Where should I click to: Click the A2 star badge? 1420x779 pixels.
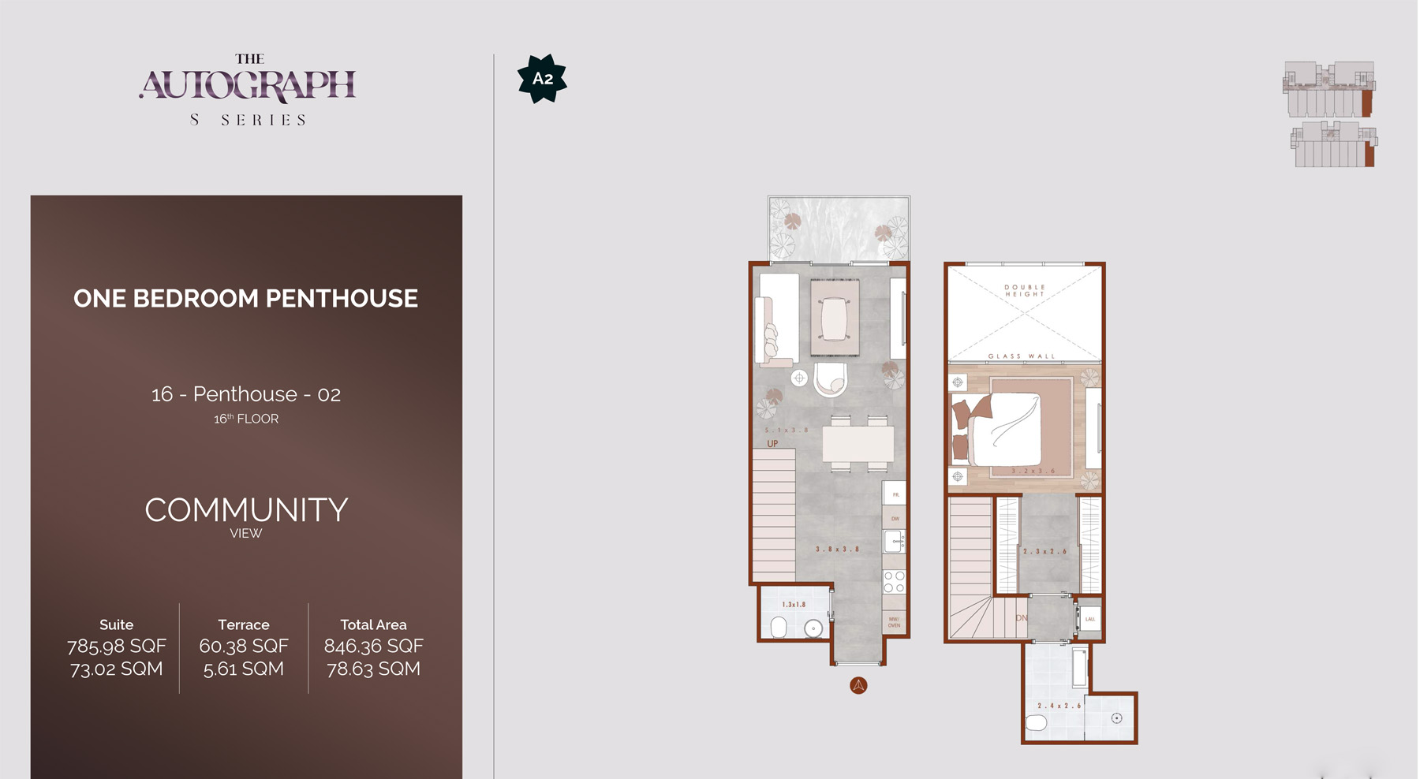pyautogui.click(x=542, y=78)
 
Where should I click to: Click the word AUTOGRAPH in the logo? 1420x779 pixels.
pyautogui.click(x=248, y=85)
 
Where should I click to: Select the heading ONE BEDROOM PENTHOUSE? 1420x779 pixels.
pyautogui.click(x=245, y=298)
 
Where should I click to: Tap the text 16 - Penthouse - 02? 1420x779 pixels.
pyautogui.click(x=245, y=394)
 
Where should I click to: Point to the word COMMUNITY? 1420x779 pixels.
pyautogui.click(x=246, y=510)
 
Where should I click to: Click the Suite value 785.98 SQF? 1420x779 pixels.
pyautogui.click(x=117, y=647)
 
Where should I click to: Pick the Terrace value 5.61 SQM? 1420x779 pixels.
pyautogui.click(x=243, y=669)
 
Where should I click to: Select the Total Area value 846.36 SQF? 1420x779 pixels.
pyautogui.click(x=373, y=647)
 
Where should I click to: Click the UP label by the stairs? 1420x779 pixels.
pyautogui.click(x=772, y=444)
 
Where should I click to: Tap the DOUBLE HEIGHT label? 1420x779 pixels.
pyautogui.click(x=1024, y=291)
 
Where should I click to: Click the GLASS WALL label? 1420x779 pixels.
pyautogui.click(x=1022, y=356)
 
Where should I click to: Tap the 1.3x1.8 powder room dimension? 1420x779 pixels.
pyautogui.click(x=794, y=605)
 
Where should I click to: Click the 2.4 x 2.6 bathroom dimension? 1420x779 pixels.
pyautogui.click(x=1059, y=706)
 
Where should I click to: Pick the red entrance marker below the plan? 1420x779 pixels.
pyautogui.click(x=858, y=685)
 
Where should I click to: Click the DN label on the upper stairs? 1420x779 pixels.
pyautogui.click(x=1022, y=618)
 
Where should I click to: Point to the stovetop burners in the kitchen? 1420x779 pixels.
pyautogui.click(x=894, y=582)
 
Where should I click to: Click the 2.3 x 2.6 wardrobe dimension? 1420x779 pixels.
pyautogui.click(x=1044, y=551)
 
